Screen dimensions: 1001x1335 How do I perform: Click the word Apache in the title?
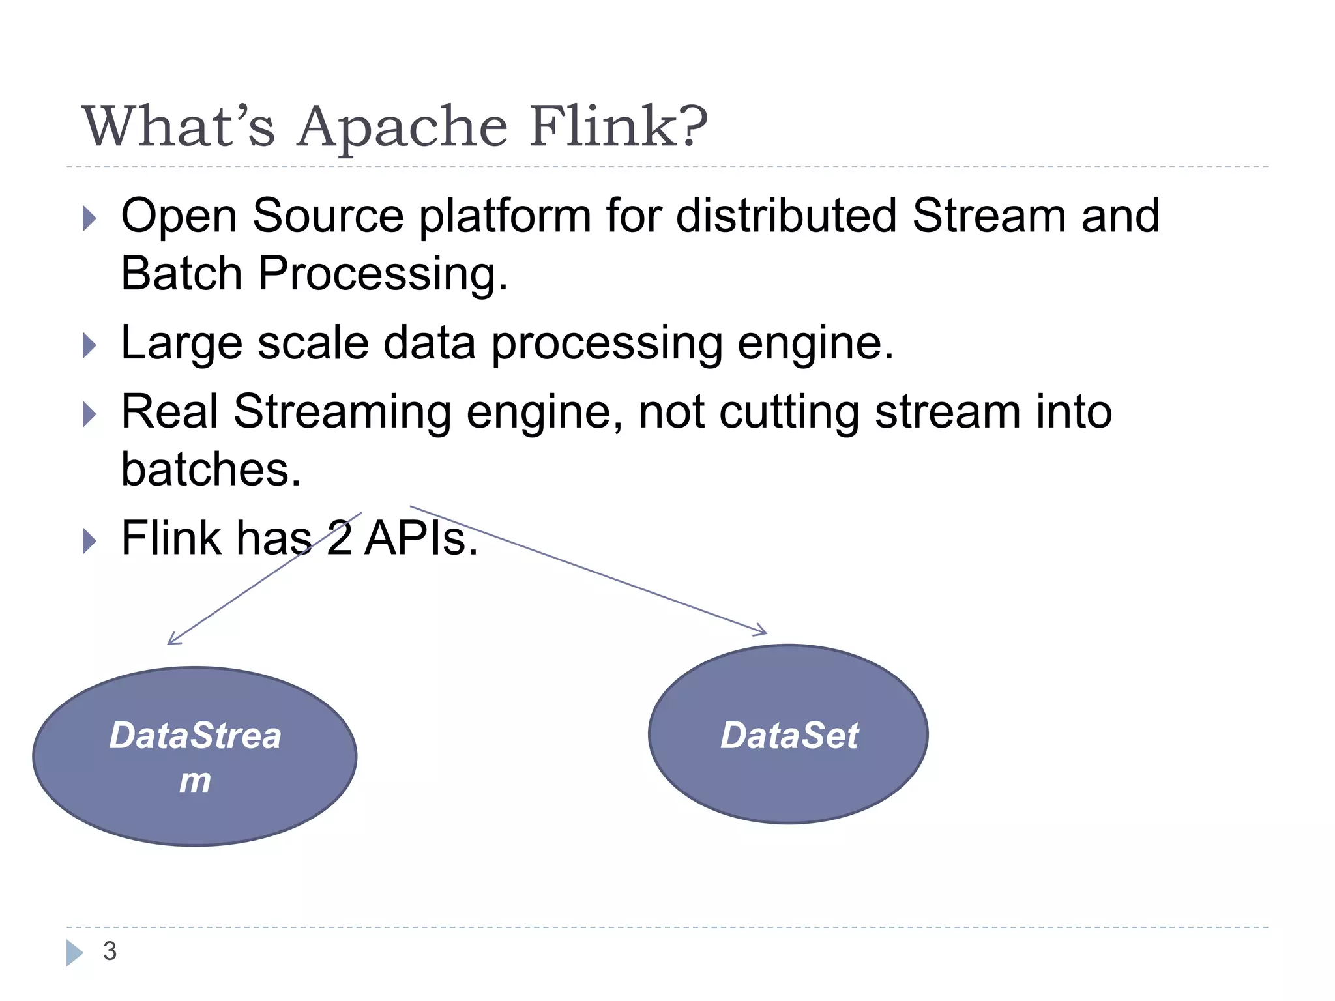tap(402, 127)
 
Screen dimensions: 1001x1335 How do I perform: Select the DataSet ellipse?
tap(788, 734)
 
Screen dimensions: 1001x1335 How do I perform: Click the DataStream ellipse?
tap(194, 756)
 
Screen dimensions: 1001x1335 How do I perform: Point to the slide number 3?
tap(110, 951)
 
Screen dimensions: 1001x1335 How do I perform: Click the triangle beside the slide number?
tap(74, 952)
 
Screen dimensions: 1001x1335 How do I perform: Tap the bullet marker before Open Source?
tap(90, 219)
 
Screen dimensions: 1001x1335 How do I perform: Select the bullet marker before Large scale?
tap(90, 345)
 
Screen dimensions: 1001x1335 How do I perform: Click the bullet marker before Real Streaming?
tap(90, 414)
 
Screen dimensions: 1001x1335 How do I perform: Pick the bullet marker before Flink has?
tap(90, 541)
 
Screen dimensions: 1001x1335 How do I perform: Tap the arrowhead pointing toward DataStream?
tap(173, 640)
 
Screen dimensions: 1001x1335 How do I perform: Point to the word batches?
tap(211, 469)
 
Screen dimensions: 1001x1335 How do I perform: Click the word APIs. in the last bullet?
tap(420, 538)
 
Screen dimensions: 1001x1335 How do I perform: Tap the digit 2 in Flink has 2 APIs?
tap(339, 538)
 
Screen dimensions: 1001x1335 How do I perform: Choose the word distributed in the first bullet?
tap(786, 216)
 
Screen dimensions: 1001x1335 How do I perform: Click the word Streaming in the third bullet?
tap(342, 413)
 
